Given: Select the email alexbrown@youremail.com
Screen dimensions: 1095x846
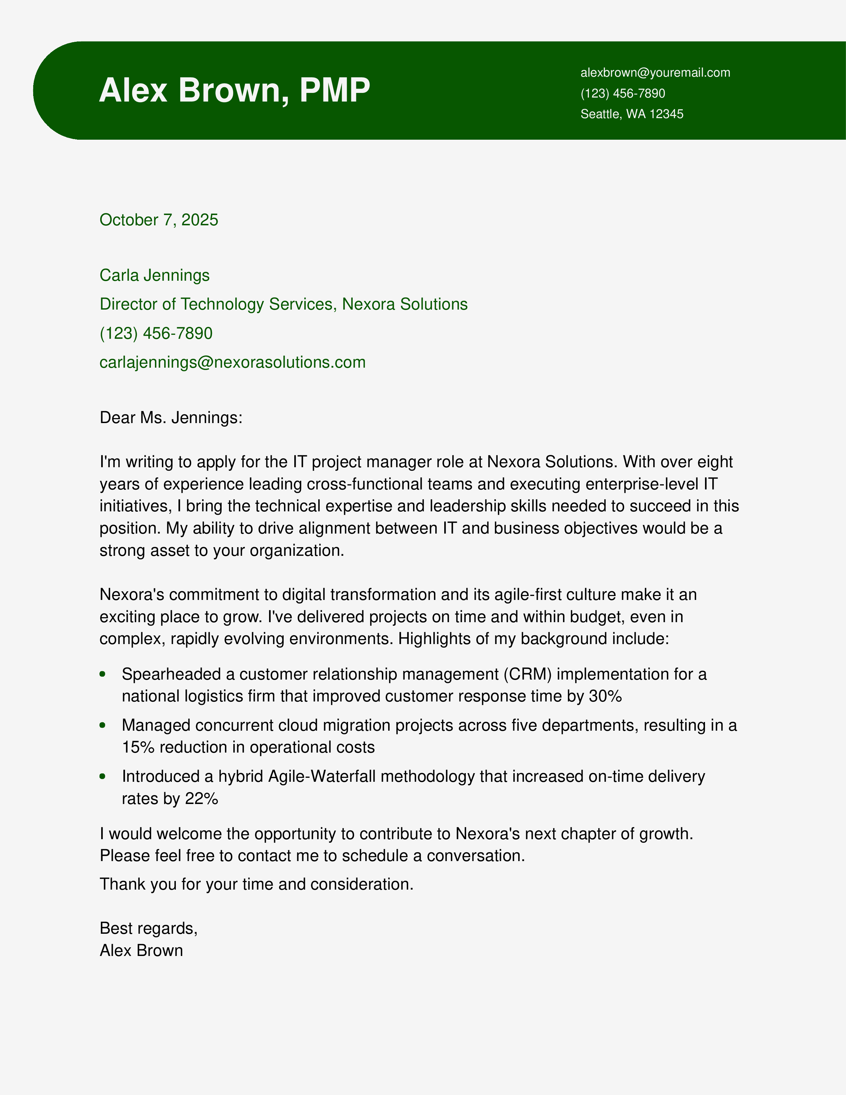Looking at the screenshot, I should tap(655, 73).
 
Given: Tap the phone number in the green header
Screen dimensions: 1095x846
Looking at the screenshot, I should tap(622, 93).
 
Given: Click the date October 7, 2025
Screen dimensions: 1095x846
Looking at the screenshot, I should tap(159, 220).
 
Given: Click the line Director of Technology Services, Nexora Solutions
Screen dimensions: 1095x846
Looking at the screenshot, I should tap(283, 304).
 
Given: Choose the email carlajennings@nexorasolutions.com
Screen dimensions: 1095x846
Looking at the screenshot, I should tap(233, 362).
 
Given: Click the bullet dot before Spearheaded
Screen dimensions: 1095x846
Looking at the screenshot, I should tap(103, 674).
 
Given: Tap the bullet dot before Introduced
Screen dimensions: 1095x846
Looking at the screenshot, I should tap(103, 776).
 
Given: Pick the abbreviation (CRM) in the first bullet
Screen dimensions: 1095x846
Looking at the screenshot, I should tap(528, 674).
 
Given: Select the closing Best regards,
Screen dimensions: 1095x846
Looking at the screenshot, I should tap(148, 928).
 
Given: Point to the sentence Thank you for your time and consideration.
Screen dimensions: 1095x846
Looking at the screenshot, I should tap(256, 884).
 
